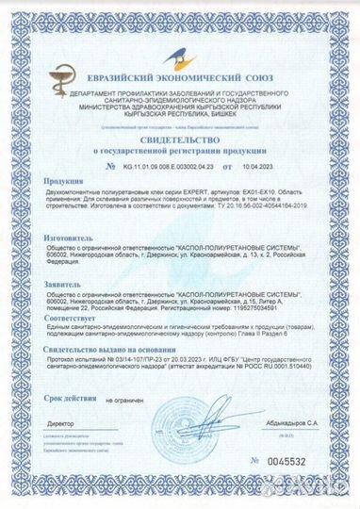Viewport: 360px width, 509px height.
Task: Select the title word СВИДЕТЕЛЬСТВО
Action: (178, 138)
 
